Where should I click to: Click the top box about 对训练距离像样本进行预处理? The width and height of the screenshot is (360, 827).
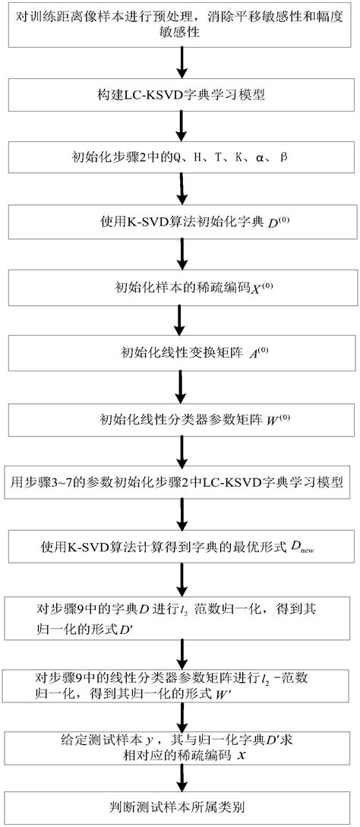(x=179, y=26)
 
